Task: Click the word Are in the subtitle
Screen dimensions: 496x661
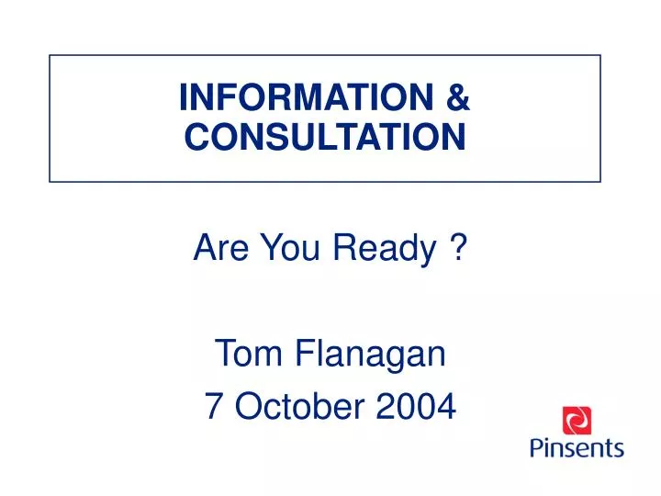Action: (217, 247)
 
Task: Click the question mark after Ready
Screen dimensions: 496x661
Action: (456, 247)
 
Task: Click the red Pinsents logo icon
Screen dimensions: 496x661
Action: (577, 421)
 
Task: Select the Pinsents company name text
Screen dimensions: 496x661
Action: (577, 448)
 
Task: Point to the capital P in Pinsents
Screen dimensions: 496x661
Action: (537, 447)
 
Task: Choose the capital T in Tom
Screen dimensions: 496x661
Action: (223, 354)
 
